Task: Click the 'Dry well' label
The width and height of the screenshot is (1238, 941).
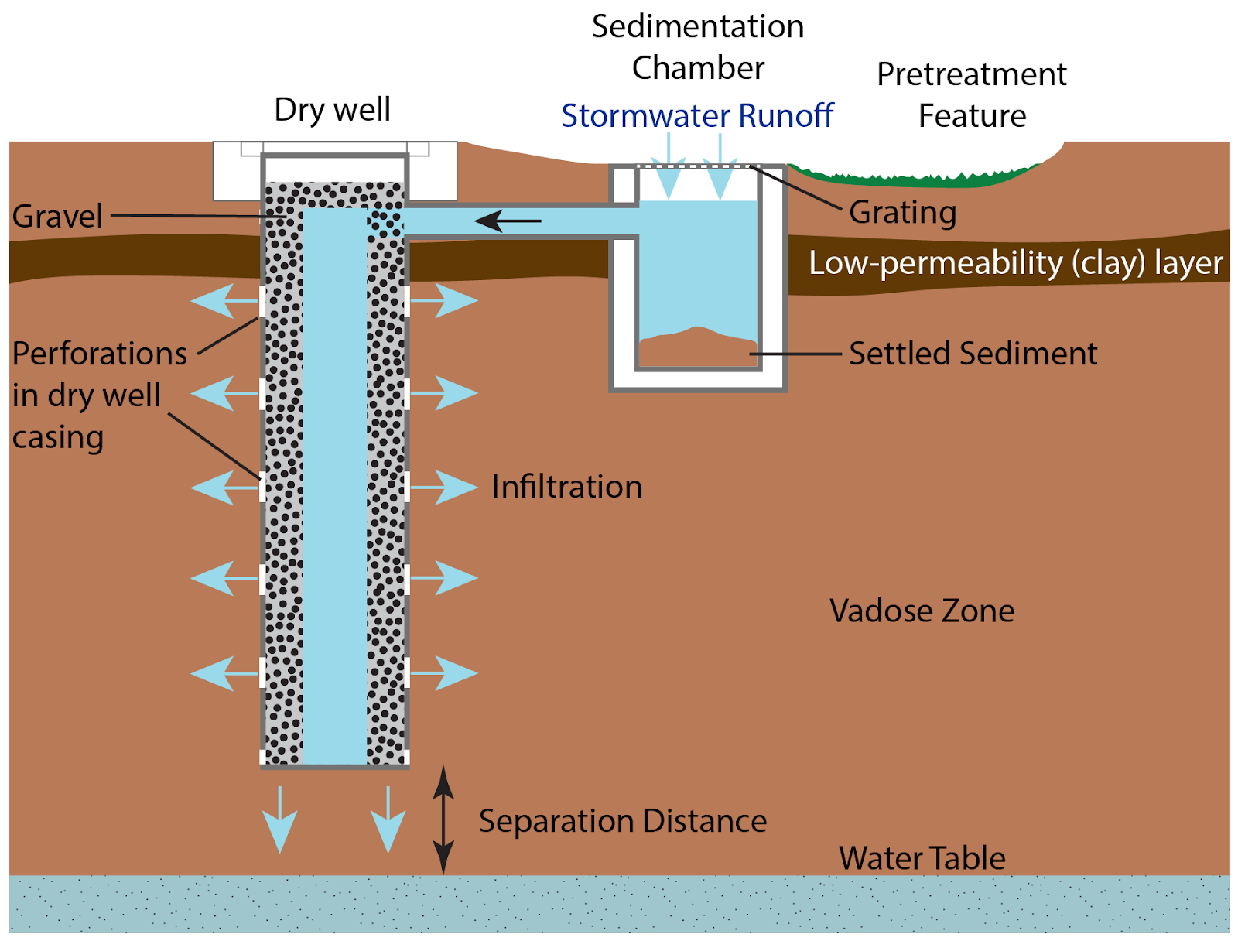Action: coord(332,109)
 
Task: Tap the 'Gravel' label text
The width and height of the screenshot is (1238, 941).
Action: coord(57,216)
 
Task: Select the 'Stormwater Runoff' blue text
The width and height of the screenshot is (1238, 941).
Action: coord(697,116)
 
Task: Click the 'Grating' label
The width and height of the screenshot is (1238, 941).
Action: coord(902,212)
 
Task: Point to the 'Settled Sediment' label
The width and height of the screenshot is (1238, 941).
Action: coord(973,354)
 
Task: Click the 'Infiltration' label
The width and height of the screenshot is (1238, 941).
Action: coord(567,487)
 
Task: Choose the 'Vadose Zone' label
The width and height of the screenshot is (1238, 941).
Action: coord(922,611)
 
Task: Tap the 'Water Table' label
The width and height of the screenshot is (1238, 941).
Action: coord(922,858)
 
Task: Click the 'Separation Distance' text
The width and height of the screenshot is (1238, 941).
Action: coord(622,821)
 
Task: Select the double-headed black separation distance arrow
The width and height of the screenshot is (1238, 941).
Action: coord(443,820)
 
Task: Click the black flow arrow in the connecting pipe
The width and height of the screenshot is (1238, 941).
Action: coord(508,221)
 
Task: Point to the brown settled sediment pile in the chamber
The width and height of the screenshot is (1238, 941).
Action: coord(697,349)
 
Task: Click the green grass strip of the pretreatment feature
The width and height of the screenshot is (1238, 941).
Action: coord(913,177)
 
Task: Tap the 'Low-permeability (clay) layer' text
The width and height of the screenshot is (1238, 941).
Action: coord(1015,263)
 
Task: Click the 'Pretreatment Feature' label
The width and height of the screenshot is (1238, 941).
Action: coord(972,95)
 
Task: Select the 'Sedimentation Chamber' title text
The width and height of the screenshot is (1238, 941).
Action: coord(698,47)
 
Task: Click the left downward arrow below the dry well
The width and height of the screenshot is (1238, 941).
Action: coord(279,820)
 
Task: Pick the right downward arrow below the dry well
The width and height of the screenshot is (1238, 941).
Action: coord(388,820)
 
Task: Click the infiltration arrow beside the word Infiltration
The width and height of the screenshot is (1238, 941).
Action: coord(444,488)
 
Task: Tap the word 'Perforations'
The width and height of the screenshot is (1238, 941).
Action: coord(100,354)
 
